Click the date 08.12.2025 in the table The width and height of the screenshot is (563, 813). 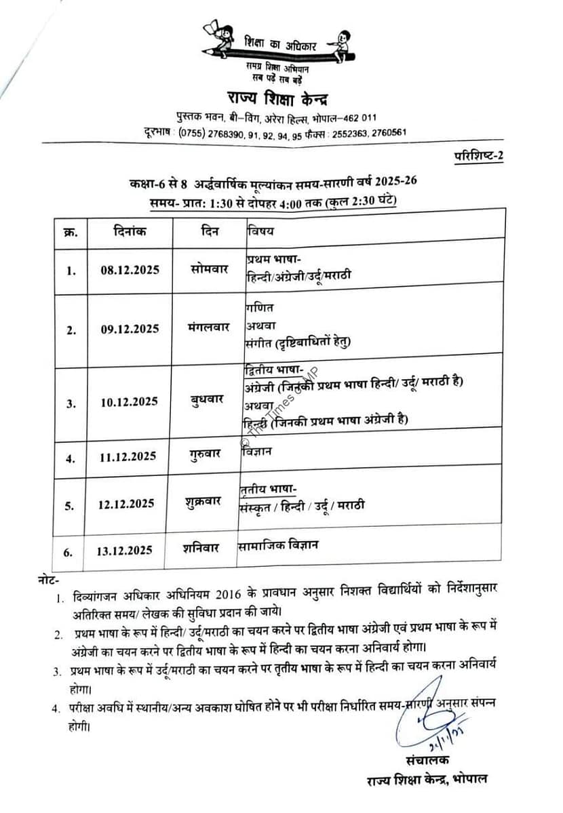(x=130, y=270)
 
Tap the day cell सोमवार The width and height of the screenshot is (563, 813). (x=210, y=269)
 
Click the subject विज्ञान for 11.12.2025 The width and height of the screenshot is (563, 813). (x=256, y=451)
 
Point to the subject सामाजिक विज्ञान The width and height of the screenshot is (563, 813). (x=279, y=544)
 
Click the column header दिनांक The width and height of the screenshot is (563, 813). (x=129, y=231)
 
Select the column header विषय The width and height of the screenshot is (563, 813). (x=260, y=231)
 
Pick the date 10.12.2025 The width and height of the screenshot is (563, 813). (x=129, y=402)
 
